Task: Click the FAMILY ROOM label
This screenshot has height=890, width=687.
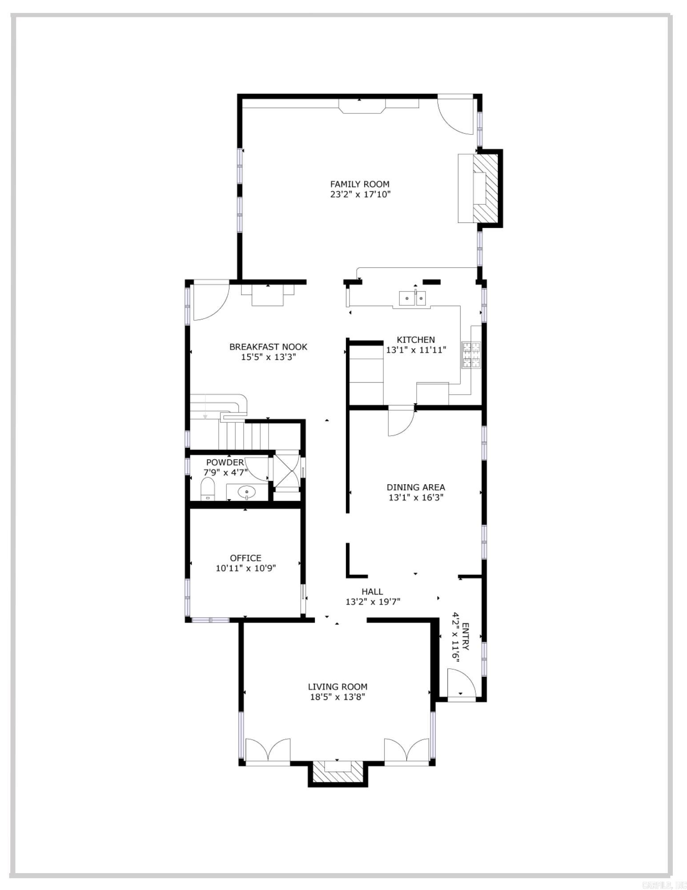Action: click(x=359, y=184)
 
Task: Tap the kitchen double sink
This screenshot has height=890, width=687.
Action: click(x=413, y=298)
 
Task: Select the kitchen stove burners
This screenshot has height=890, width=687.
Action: click(x=471, y=355)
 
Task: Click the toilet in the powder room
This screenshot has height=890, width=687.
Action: click(x=208, y=489)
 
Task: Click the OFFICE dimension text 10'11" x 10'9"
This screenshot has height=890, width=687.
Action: click(x=245, y=568)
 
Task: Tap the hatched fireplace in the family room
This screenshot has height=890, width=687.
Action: click(x=486, y=188)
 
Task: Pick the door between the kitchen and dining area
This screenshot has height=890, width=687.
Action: click(x=400, y=421)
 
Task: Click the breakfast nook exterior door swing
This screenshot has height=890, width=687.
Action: click(x=210, y=300)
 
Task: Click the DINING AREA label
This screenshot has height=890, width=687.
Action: click(x=415, y=487)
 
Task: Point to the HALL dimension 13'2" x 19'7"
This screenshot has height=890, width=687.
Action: click(x=373, y=602)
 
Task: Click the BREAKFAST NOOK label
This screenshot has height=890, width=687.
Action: click(x=268, y=347)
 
